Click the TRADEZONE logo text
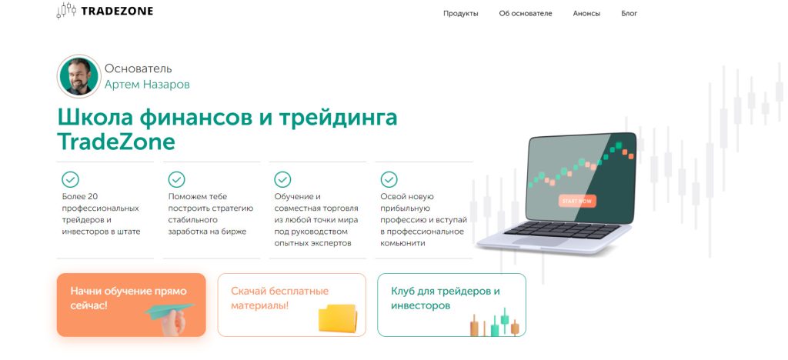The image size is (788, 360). [117, 11]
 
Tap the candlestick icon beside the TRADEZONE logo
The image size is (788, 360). [66, 11]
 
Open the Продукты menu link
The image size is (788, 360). [461, 14]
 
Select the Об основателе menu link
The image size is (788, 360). [525, 14]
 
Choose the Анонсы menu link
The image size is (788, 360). [586, 14]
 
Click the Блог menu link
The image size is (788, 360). [629, 14]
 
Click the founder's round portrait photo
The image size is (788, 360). [79, 76]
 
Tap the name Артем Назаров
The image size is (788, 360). [147, 85]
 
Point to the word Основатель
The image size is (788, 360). [139, 68]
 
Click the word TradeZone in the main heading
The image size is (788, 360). [116, 142]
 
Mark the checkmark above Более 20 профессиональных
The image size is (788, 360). [70, 179]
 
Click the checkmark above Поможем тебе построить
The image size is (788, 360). [176, 179]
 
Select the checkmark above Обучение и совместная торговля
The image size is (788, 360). [282, 179]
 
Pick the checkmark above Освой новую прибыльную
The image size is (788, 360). [389, 179]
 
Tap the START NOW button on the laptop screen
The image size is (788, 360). [577, 201]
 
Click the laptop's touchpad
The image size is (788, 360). [540, 242]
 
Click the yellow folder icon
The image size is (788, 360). [338, 318]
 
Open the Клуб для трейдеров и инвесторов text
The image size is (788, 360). [446, 298]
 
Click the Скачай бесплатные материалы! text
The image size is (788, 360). [279, 298]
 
